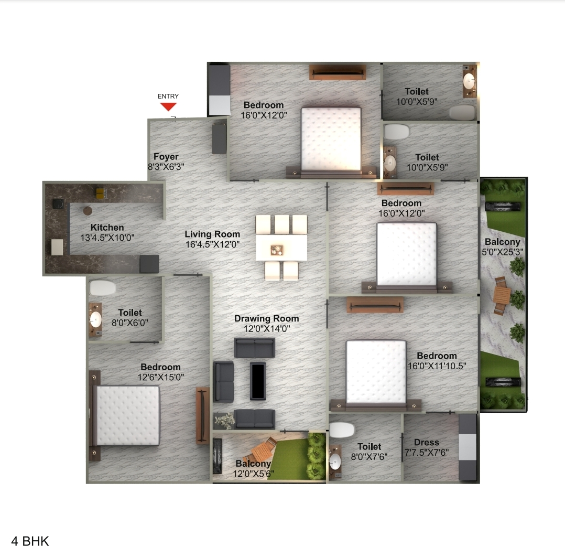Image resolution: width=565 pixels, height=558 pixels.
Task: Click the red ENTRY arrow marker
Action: coord(168,106)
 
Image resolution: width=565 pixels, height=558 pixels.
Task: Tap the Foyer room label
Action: coord(166,157)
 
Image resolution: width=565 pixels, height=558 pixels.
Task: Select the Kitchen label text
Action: coord(107,228)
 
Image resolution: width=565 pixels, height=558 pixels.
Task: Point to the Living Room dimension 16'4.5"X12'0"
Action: coord(212,244)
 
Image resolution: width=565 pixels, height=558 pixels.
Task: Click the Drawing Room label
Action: coord(266,318)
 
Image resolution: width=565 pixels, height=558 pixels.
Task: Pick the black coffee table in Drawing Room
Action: coord(258,381)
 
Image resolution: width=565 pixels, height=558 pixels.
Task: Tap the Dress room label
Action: coord(426,442)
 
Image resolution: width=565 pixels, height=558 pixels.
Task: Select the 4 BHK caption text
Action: coord(30,541)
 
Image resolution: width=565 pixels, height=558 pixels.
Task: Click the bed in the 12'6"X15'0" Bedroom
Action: coord(127,415)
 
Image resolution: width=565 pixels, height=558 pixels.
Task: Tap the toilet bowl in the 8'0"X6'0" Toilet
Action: coord(103,288)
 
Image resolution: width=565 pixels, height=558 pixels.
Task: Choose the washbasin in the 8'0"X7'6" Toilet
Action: coord(334,461)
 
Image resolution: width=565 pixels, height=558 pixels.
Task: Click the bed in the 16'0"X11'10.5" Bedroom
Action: coord(376,372)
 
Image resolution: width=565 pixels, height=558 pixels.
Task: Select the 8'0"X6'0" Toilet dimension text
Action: coord(130,323)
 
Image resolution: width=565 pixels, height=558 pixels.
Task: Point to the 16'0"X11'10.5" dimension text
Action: coord(437,366)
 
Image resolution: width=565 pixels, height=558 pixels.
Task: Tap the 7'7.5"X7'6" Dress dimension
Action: coord(427,452)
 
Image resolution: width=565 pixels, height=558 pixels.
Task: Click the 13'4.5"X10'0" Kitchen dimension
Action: coord(107,237)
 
